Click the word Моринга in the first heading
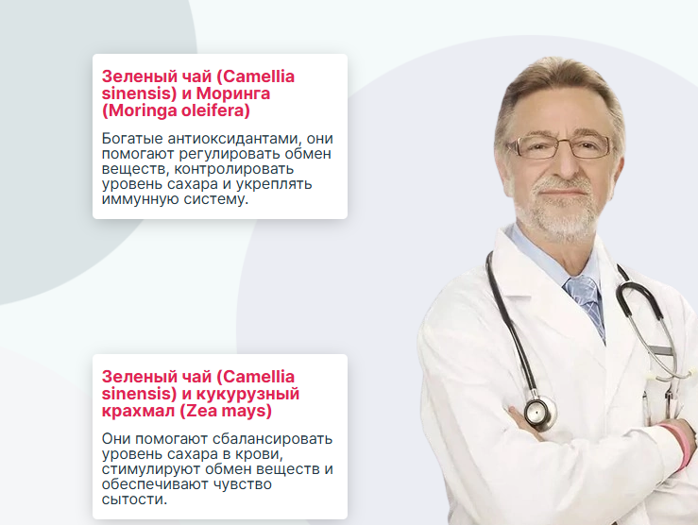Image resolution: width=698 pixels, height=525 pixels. point(232,93)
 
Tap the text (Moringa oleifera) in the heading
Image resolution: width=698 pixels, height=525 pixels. point(176,110)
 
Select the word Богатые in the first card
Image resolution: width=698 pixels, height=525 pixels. point(132,139)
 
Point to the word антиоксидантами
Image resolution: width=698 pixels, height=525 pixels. point(234,139)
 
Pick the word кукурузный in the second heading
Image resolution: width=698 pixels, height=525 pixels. point(248,394)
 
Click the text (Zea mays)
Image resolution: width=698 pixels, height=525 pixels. point(226,411)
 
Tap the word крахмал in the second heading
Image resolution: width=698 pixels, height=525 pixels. point(139,411)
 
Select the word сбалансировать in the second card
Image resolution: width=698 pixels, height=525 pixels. point(272,439)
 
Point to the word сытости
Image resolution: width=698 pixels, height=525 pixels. point(134,500)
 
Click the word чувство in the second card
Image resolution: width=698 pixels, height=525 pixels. point(243,484)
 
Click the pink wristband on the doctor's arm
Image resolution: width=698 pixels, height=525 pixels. point(680,446)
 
